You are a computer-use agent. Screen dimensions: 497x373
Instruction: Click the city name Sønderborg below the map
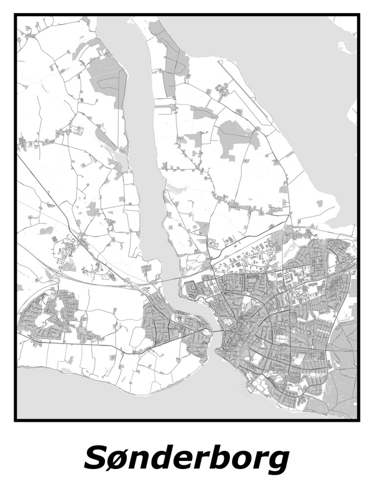coord(186,458)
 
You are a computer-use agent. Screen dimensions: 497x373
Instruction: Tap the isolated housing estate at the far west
coord(47,314)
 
